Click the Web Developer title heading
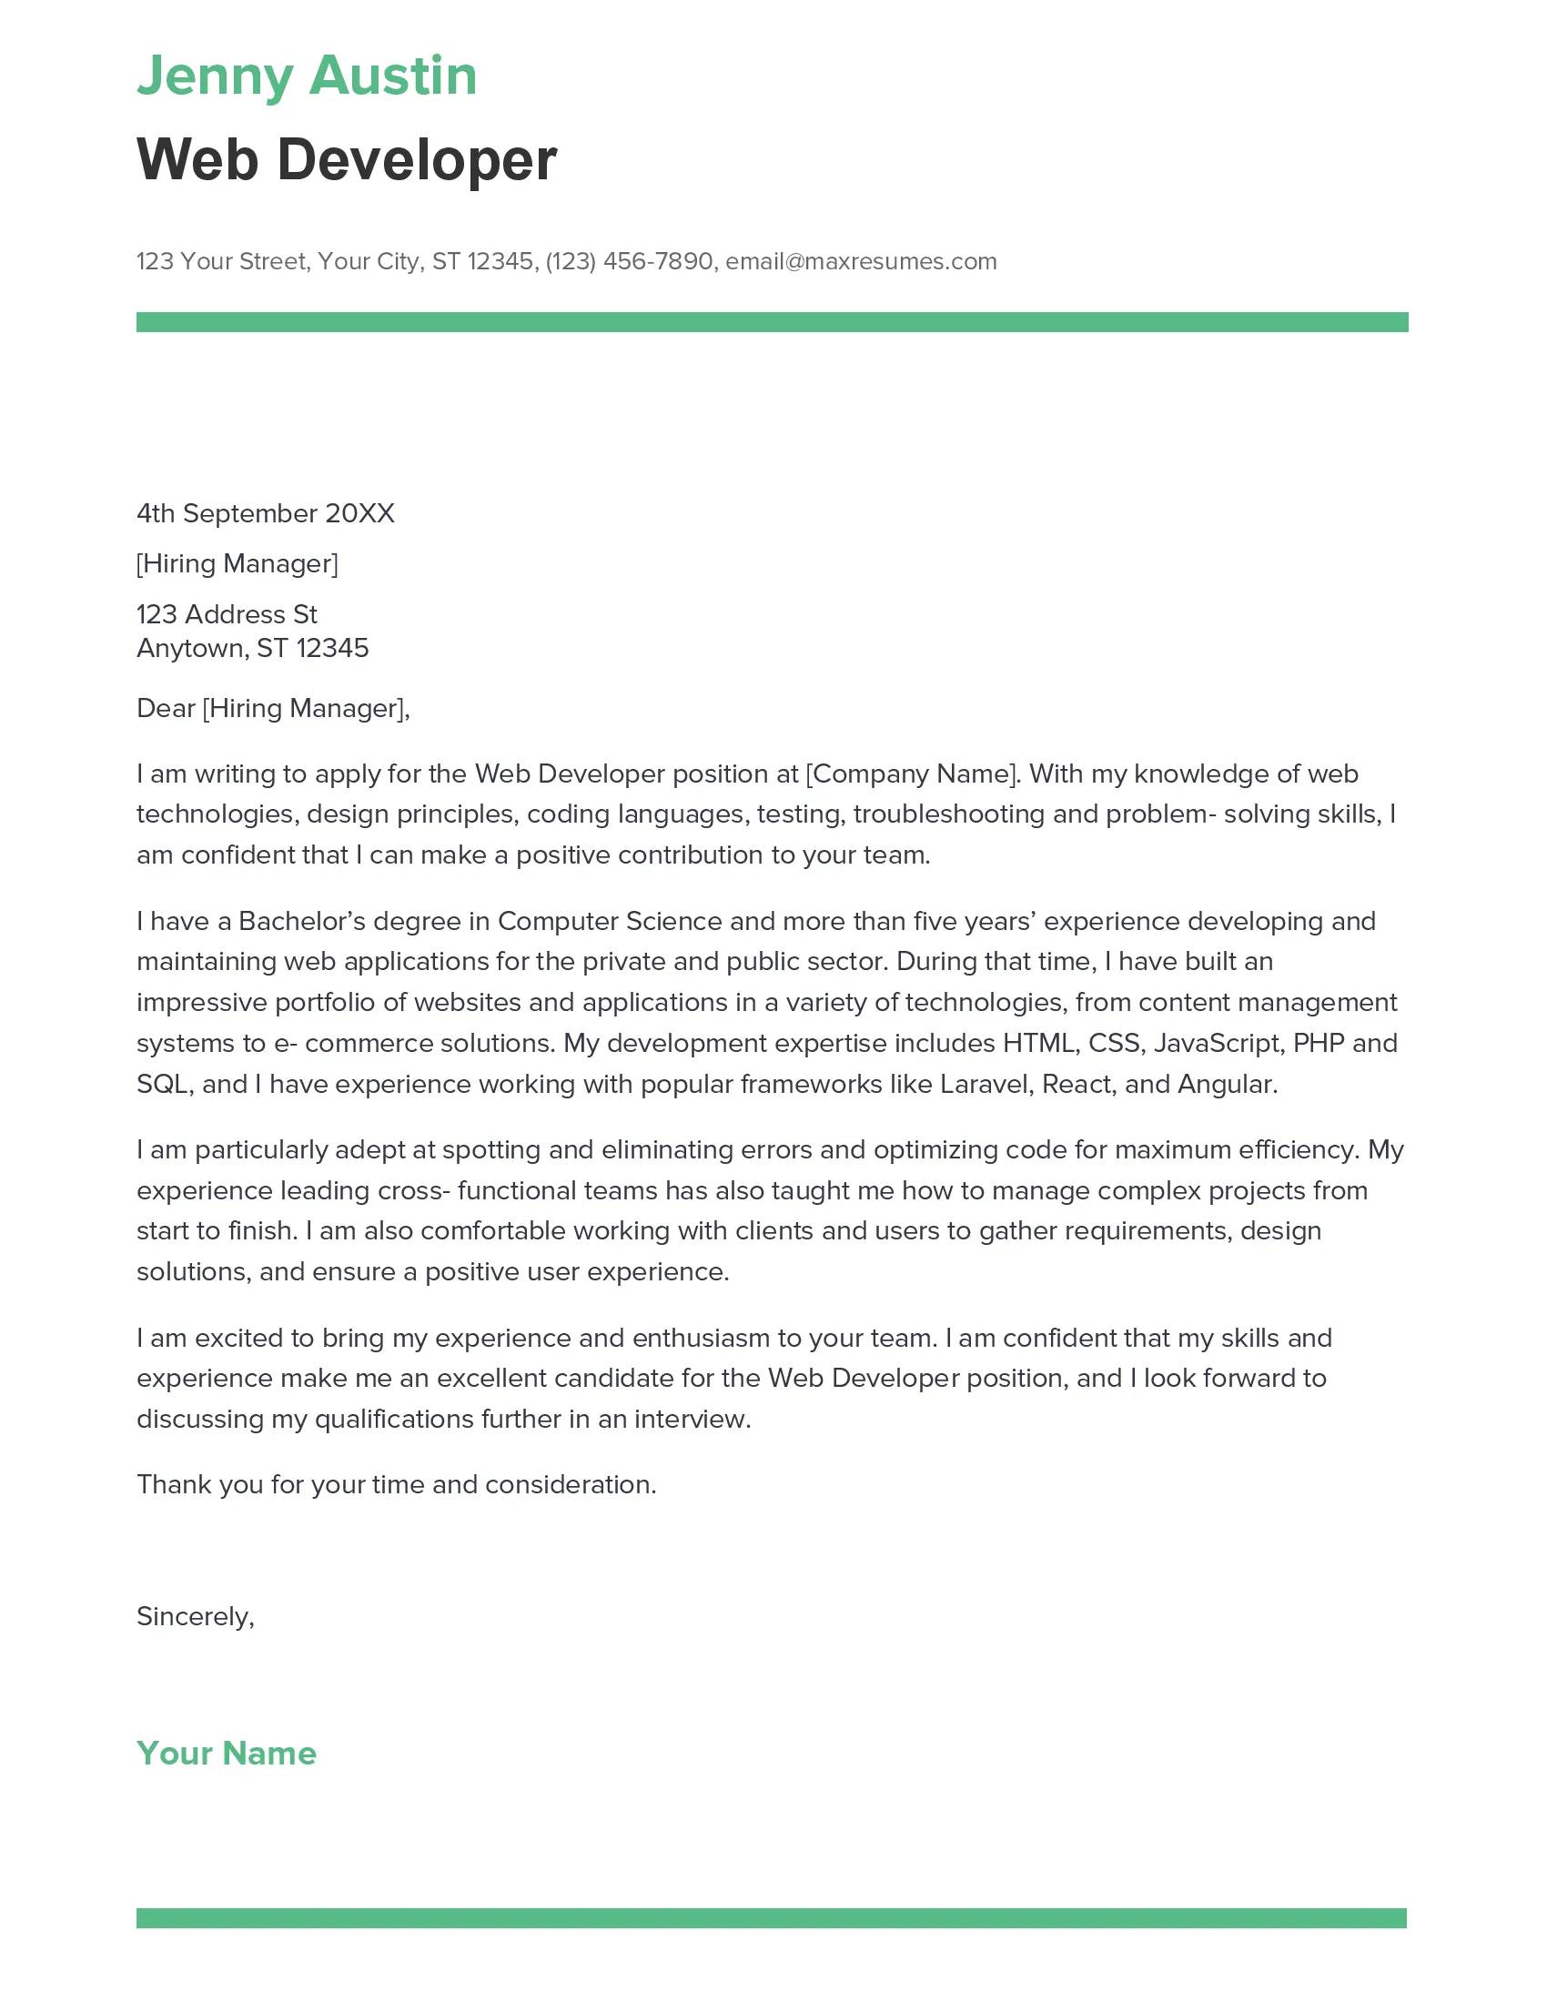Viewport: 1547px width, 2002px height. point(347,159)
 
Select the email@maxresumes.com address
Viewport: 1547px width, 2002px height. point(861,261)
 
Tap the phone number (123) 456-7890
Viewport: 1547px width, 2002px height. point(629,261)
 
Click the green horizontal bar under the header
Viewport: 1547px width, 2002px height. point(772,322)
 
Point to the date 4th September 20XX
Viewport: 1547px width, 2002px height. point(266,513)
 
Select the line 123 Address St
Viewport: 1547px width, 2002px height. point(227,614)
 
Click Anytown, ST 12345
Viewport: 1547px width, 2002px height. point(252,648)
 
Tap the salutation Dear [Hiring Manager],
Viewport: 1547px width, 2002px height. point(273,708)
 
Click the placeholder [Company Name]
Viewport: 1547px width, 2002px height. point(912,773)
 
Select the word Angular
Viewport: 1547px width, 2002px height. point(1227,1085)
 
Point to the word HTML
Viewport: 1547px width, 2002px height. point(1039,1043)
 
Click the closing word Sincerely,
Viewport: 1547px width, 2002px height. point(196,1616)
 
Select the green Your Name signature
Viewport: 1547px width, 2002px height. point(227,1754)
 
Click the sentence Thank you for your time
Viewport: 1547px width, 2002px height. point(396,1484)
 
